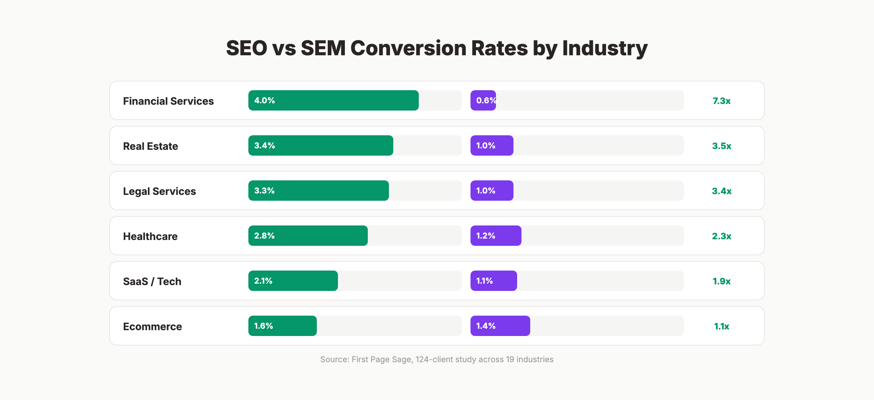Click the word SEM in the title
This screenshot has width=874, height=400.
pyautogui.click(x=323, y=48)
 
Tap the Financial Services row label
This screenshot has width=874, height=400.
pyautogui.click(x=168, y=101)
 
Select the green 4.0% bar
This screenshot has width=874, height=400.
pyautogui.click(x=333, y=100)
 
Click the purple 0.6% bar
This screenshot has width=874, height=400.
pyautogui.click(x=483, y=100)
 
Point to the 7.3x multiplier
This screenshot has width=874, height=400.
pyautogui.click(x=721, y=101)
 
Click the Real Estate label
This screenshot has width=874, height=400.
pyautogui.click(x=150, y=146)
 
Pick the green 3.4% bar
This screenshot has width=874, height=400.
pyautogui.click(x=320, y=145)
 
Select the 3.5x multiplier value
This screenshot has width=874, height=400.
pyautogui.click(x=721, y=146)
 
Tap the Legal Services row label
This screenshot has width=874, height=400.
pyautogui.click(x=159, y=191)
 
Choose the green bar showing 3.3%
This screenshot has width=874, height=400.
pyautogui.click(x=318, y=191)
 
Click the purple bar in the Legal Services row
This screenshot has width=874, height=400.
pyautogui.click(x=492, y=191)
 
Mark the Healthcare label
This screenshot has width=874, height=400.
pyautogui.click(x=150, y=236)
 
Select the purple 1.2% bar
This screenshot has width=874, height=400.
pyautogui.click(x=496, y=236)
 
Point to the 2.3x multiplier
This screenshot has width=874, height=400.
pyautogui.click(x=721, y=236)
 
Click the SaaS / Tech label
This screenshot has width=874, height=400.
pyautogui.click(x=152, y=281)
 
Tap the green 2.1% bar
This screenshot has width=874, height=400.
pyautogui.click(x=293, y=281)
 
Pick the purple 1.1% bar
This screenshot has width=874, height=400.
pyautogui.click(x=493, y=281)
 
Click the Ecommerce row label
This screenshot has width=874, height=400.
pyautogui.click(x=152, y=327)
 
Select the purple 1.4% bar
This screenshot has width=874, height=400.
pyautogui.click(x=500, y=326)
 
